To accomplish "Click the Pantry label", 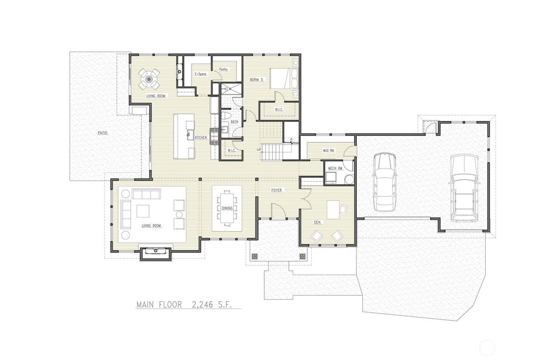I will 223,70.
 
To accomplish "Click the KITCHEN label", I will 201,138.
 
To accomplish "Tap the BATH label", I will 234,122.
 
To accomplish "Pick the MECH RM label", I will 335,168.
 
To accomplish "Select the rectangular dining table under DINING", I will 227,208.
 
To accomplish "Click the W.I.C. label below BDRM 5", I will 280,110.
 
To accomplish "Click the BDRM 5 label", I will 256,80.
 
